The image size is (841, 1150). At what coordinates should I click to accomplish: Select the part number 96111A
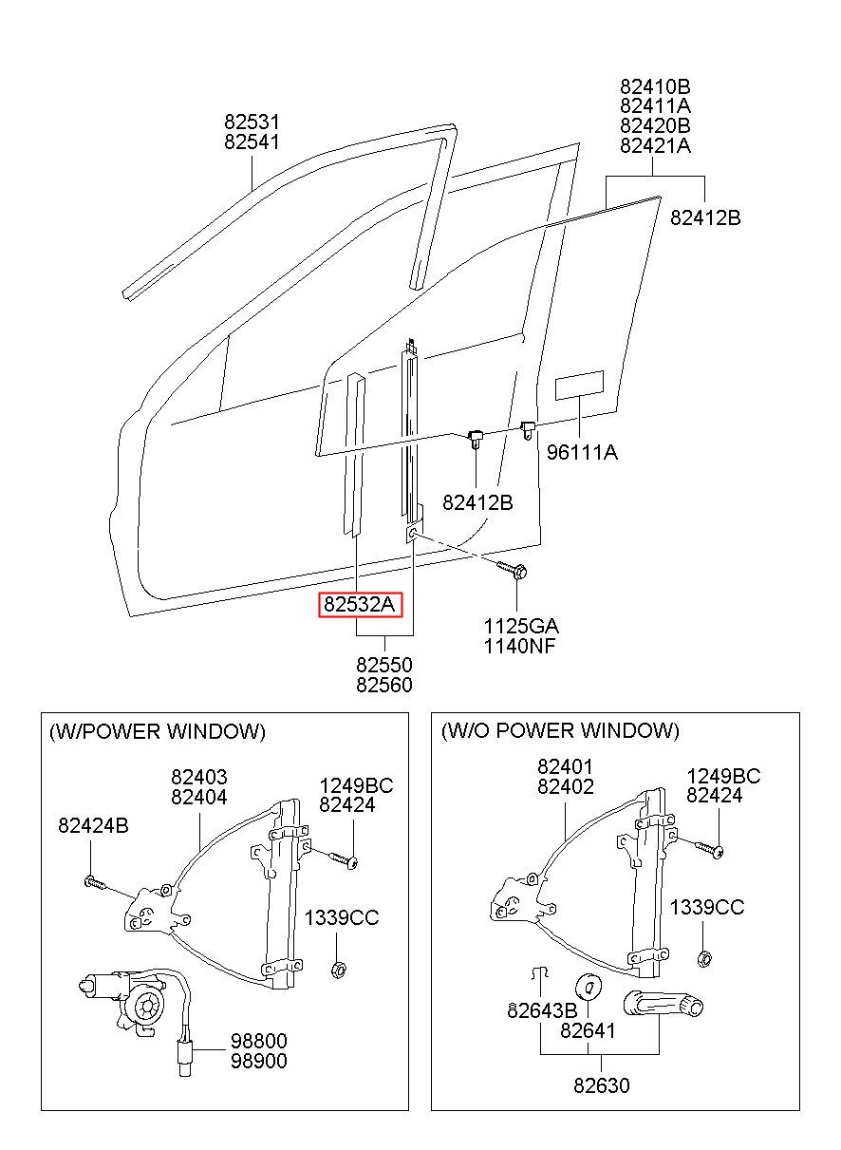pos(582,452)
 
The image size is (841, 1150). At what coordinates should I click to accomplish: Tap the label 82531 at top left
pos(252,123)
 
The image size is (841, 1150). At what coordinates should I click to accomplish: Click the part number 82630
pos(600,1085)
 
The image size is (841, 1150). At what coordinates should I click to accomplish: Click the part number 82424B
pos(93,825)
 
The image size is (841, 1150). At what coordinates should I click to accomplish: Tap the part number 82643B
pos(542,1010)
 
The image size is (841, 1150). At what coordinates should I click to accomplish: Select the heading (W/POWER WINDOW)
pos(158,731)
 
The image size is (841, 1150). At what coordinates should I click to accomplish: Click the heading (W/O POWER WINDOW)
pos(560,730)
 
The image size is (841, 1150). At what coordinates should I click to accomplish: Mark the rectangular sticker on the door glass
pos(579,385)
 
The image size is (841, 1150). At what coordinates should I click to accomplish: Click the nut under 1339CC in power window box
pos(337,969)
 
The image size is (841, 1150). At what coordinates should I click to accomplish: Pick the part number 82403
pos(199,777)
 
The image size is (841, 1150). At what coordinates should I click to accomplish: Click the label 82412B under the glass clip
pos(477,502)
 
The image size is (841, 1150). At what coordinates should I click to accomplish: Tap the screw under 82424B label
pos(95,883)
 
